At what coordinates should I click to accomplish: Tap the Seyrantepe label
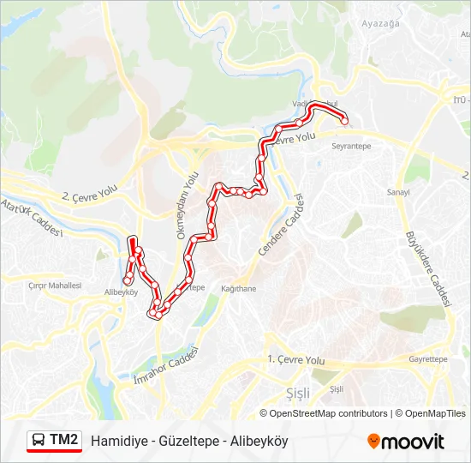(x=351, y=147)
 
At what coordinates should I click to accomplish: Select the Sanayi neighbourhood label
(x=399, y=191)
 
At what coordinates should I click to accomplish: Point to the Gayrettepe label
(x=428, y=359)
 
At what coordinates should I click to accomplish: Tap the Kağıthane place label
(x=238, y=289)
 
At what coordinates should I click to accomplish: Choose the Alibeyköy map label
(x=122, y=292)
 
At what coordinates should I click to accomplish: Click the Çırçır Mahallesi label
(x=55, y=286)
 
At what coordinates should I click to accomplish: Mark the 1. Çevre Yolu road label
(x=296, y=360)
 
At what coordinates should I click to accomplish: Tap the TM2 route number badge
(x=63, y=441)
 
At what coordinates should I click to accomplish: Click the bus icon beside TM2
(x=39, y=441)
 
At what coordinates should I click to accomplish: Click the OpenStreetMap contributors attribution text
(x=329, y=413)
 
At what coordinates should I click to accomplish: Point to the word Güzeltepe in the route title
(x=180, y=442)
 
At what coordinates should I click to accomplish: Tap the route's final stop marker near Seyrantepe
(x=344, y=122)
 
